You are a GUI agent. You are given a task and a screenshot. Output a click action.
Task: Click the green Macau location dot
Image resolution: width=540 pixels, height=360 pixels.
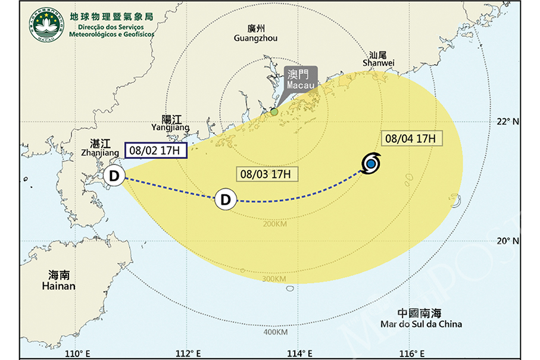pos(274,111)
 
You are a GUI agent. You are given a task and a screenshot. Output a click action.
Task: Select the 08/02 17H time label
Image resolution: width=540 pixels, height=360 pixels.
pos(155,151)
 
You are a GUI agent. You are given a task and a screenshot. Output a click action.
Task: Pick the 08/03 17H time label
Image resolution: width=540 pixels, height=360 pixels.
pos(267,174)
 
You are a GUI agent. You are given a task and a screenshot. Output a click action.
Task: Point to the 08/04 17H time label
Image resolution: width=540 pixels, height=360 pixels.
pos(410,139)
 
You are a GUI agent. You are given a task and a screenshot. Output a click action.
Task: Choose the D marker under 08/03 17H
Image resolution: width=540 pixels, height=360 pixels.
pos(225,199)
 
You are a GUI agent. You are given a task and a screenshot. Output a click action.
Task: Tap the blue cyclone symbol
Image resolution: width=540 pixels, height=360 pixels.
pos(371,163)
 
